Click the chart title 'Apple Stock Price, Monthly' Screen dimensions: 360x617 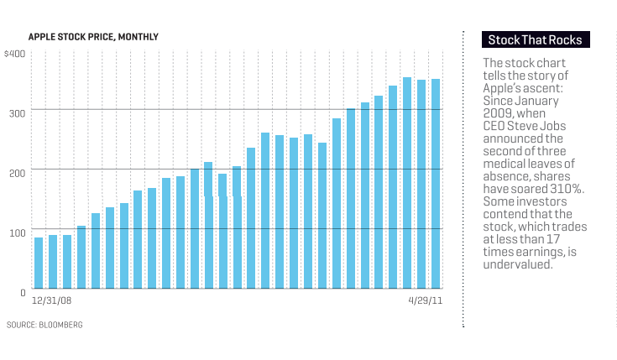coord(93,37)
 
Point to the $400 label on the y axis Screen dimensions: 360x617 coord(14,54)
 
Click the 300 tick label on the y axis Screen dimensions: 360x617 coord(18,111)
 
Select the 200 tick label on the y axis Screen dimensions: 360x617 coord(18,170)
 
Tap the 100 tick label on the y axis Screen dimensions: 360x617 coord(18,230)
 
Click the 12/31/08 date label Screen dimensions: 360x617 coord(50,300)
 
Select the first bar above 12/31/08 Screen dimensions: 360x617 coord(39,263)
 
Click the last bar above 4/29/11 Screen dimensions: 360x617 coord(436,184)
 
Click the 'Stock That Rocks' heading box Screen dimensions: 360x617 coord(535,39)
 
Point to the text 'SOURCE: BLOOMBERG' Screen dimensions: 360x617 coord(44,324)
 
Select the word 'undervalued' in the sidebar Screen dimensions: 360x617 coord(517,264)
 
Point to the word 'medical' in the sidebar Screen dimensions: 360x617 coord(505,164)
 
